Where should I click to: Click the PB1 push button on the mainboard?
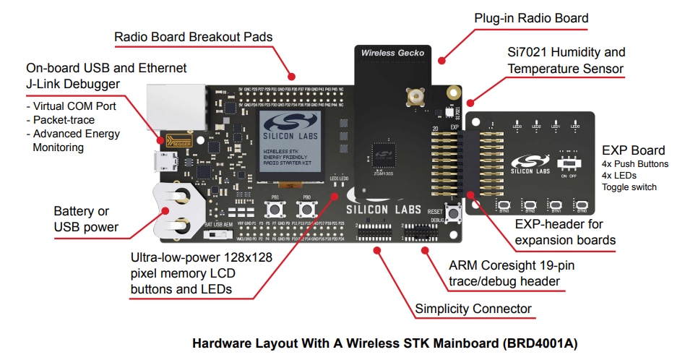275,209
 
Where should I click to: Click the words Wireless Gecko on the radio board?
393,53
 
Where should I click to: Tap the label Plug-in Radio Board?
531,18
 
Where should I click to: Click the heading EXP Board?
633,150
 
